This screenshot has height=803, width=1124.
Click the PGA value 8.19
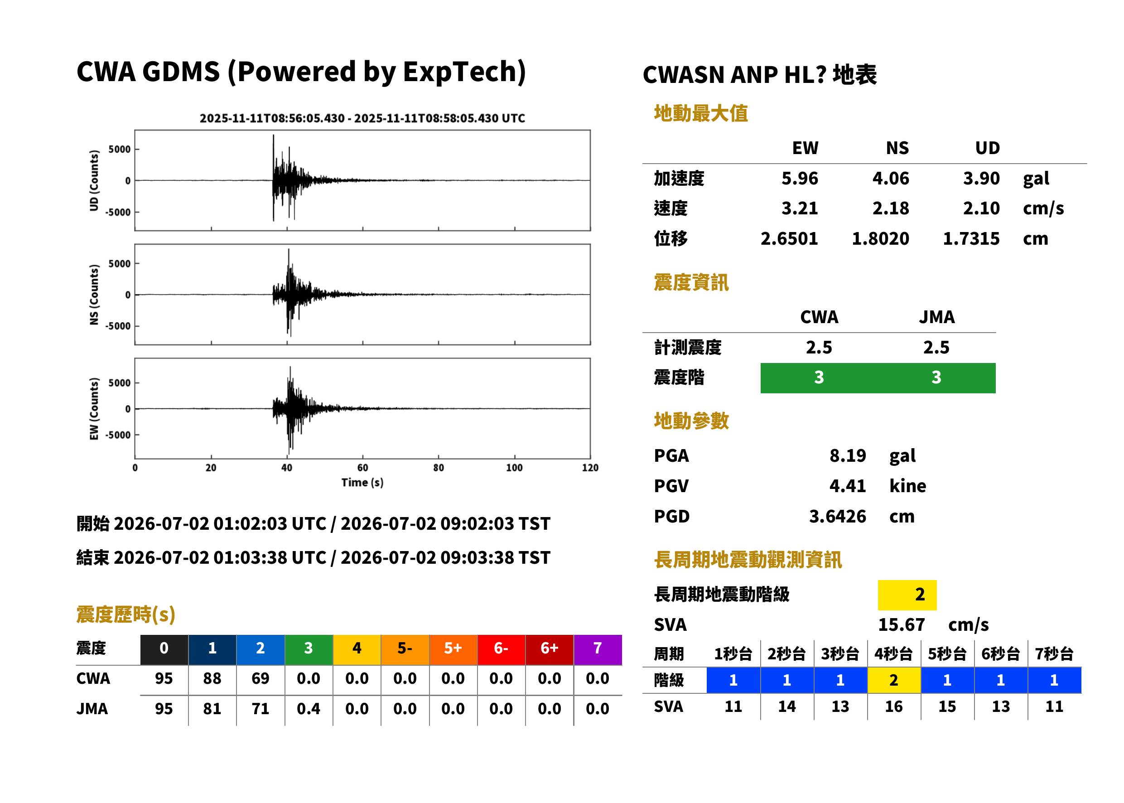tap(847, 455)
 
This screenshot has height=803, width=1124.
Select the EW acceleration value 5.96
tap(799, 178)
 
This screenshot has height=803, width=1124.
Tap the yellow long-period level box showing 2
tap(907, 595)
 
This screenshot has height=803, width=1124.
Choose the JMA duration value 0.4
tap(309, 709)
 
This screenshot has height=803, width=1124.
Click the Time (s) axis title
tap(362, 483)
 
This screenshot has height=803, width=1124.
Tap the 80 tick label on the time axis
tap(439, 468)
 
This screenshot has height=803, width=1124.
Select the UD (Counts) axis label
tap(94, 180)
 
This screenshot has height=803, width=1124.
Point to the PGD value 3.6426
tap(837, 516)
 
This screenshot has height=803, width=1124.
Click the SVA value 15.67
tap(901, 624)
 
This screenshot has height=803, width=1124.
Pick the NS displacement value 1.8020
tap(880, 238)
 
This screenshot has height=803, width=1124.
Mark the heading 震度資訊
tap(691, 282)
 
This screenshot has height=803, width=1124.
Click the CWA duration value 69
tap(260, 678)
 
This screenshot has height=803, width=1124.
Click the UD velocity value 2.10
tap(981, 208)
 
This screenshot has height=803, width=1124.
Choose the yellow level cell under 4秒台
tap(894, 680)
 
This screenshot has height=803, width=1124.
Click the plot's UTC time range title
tap(362, 118)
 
